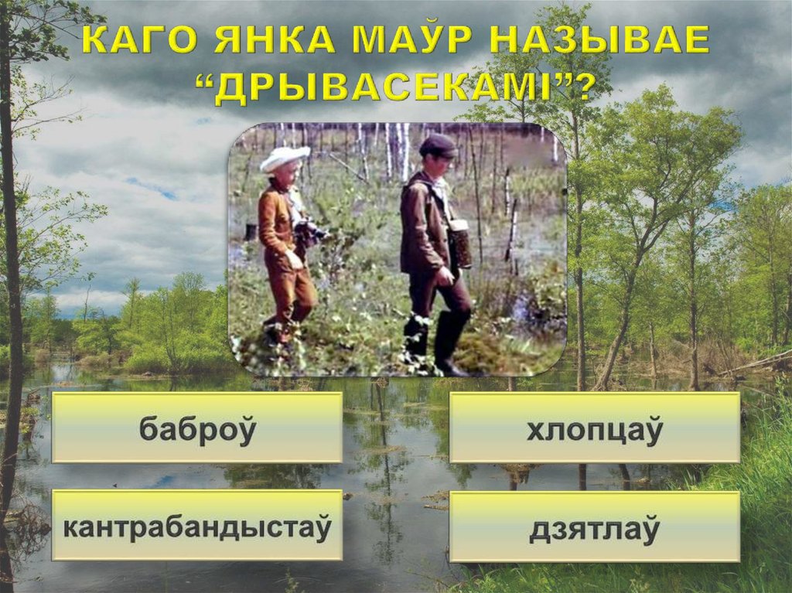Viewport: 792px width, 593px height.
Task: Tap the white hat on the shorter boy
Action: click(x=284, y=158)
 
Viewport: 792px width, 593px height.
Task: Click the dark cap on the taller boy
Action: click(x=438, y=145)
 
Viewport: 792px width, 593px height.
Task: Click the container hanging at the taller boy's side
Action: click(x=461, y=243)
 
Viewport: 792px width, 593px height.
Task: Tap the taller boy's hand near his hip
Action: click(x=445, y=275)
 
